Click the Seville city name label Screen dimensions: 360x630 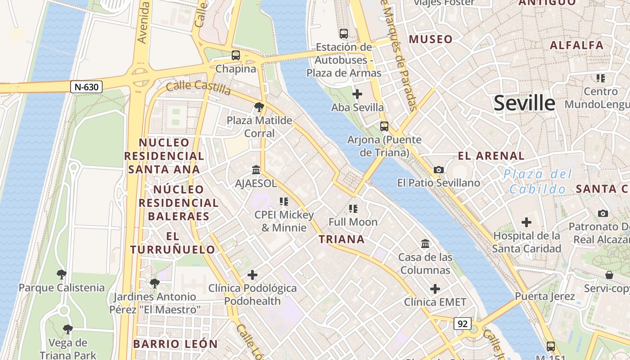click(x=524, y=103)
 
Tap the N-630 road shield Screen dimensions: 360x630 click(x=86, y=87)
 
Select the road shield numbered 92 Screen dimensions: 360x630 click(x=462, y=324)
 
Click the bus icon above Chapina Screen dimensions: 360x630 click(x=236, y=55)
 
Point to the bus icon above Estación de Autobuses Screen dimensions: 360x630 click(x=344, y=34)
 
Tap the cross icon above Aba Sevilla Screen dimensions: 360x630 click(x=357, y=94)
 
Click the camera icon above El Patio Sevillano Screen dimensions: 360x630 click(x=439, y=170)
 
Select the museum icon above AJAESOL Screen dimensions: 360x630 click(x=256, y=170)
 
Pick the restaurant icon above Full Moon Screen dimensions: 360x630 click(x=353, y=208)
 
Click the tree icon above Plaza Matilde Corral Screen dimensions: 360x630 click(x=259, y=107)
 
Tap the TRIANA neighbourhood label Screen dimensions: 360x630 click(x=342, y=239)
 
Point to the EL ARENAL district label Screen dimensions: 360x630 click(x=491, y=156)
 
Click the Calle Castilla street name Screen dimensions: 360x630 click(x=198, y=87)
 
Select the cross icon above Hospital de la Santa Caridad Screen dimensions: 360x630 click(x=526, y=222)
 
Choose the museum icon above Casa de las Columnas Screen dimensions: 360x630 click(x=425, y=243)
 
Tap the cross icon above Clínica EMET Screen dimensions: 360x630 click(x=435, y=288)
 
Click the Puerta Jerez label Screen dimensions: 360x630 click(x=545, y=296)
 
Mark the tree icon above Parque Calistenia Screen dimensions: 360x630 click(x=61, y=274)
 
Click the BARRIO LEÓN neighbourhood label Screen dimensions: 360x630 click(x=175, y=344)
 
